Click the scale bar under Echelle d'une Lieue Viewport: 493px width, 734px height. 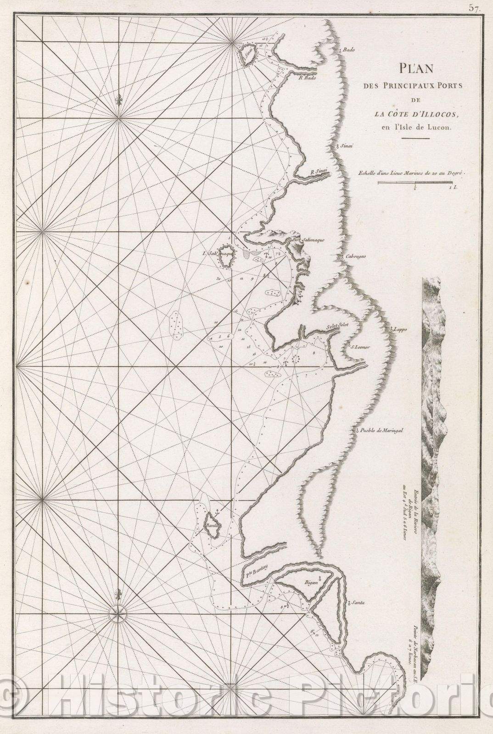[415, 182]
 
